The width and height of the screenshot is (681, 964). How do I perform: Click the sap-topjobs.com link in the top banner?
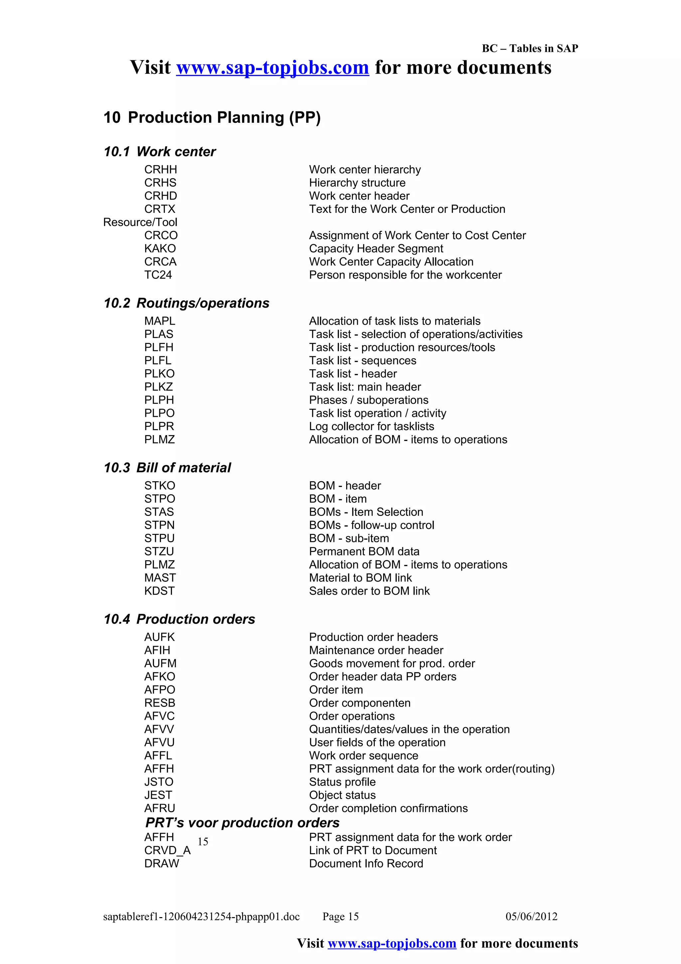click(272, 68)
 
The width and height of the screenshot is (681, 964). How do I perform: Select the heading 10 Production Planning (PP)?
click(212, 117)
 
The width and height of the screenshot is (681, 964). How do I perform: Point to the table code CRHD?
click(160, 196)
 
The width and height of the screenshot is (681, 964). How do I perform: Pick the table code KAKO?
click(160, 248)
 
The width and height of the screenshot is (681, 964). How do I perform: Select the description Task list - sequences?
click(362, 360)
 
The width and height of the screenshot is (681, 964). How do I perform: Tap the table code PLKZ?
click(159, 387)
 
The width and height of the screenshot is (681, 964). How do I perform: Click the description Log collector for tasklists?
click(371, 426)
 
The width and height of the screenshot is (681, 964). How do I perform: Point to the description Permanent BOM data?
click(364, 551)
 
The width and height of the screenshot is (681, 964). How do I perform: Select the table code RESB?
click(160, 703)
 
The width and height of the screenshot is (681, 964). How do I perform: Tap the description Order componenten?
click(359, 703)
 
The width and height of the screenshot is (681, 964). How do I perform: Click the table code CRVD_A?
click(167, 850)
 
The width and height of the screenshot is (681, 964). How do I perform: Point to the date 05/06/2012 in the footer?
click(531, 916)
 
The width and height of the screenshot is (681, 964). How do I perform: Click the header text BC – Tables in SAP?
click(529, 48)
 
